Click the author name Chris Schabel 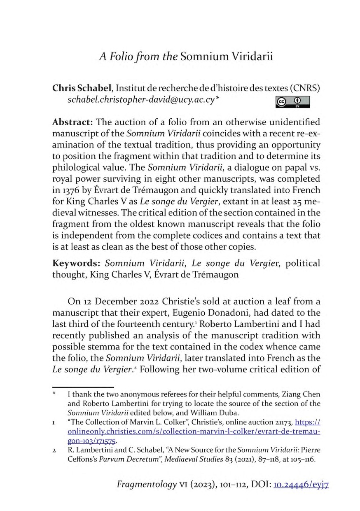click(82, 88)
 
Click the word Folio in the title click(124, 56)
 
